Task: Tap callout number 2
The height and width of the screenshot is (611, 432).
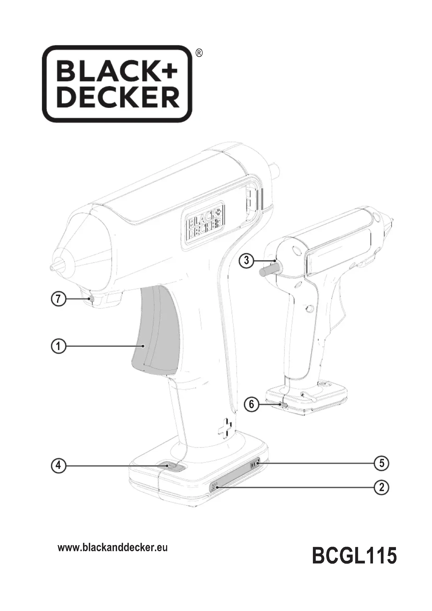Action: coord(381,487)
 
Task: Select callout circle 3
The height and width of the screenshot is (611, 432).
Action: coord(246,260)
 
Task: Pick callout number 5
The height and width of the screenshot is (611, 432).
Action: coord(381,463)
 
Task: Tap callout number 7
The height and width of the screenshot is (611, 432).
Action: coord(58,299)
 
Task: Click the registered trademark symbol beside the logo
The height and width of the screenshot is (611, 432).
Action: coord(199,53)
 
